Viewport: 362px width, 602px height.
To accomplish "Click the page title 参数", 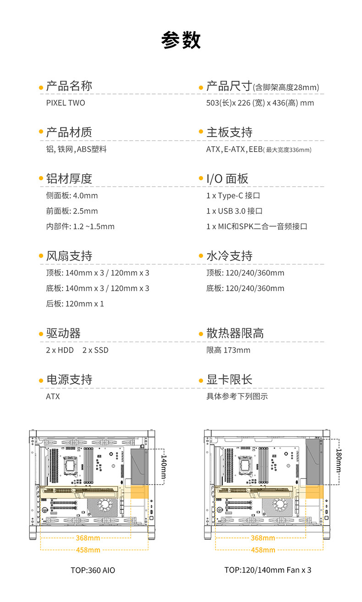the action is pos(181,40).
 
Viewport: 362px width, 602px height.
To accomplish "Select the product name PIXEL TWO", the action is pos(66,103).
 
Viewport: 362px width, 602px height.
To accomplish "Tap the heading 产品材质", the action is pos(69,132).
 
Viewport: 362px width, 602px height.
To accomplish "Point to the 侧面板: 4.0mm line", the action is pos(72,195).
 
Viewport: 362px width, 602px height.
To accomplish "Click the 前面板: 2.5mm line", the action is pos(72,211).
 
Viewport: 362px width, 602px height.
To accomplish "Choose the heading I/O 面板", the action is pos(227,178).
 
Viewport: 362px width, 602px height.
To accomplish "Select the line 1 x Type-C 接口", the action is pos(233,195).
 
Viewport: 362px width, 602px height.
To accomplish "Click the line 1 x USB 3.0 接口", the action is pos(234,211).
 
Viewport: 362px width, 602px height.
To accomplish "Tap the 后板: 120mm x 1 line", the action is pos(75,304).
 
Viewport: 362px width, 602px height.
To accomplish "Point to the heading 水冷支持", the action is pos(229,256).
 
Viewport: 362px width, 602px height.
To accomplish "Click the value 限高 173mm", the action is pos(228,350).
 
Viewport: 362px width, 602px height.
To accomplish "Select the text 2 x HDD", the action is pos(60,350).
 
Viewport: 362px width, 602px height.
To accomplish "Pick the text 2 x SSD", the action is pos(95,350).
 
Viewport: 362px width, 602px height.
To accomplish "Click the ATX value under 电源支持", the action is pos(53,396).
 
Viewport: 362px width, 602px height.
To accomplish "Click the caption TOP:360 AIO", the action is pos(93,570).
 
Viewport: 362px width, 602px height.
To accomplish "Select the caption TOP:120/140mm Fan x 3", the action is pos(268,570).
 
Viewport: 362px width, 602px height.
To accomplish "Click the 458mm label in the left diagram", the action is pos(88,550).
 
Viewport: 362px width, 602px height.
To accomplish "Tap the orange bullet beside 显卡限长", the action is pos(201,381).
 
